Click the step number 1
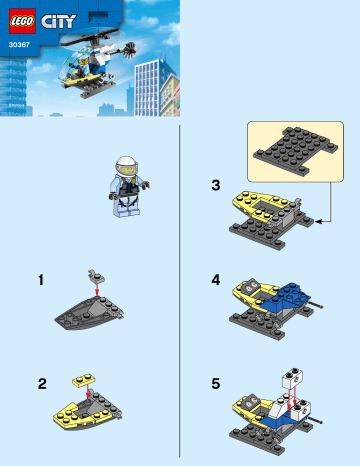[x=41, y=281]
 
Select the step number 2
[x=41, y=383]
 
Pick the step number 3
[x=215, y=185]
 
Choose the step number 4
[x=215, y=281]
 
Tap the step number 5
[x=215, y=383]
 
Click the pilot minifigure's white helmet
[x=127, y=167]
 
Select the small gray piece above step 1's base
[x=97, y=274]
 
